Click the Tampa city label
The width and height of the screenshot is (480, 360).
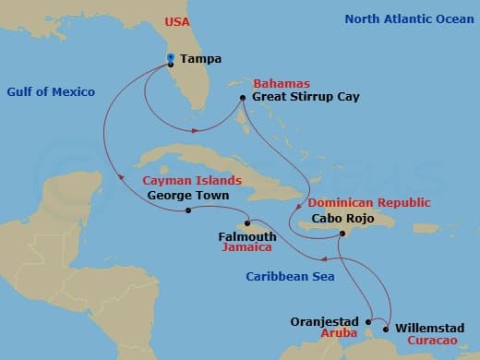pyautogui.click(x=200, y=59)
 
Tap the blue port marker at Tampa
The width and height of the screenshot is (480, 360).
pyautogui.click(x=171, y=58)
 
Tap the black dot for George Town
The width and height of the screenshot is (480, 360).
pyautogui.click(x=187, y=210)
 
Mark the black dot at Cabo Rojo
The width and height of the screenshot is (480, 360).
pyautogui.click(x=342, y=234)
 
